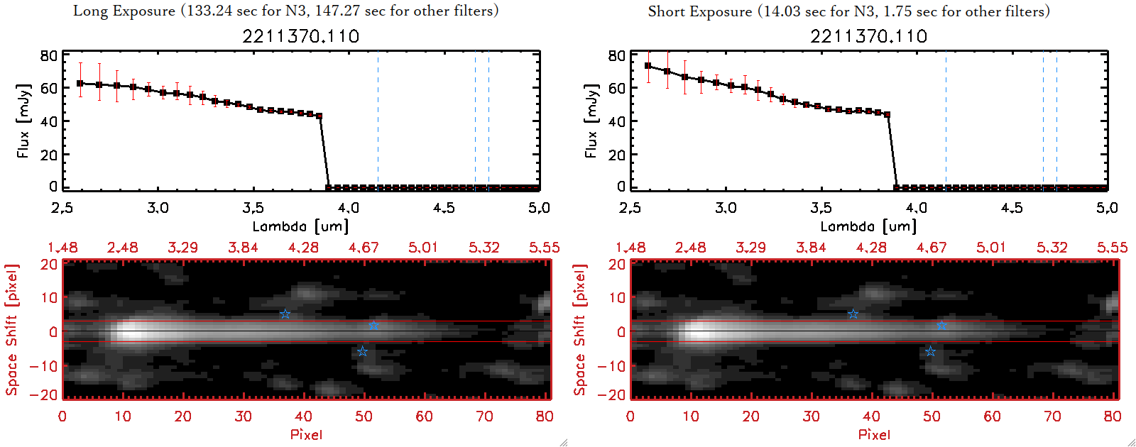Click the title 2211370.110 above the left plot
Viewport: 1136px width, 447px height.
point(300,36)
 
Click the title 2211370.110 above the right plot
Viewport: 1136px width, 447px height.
point(868,36)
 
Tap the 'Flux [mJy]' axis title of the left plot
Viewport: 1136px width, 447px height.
point(23,121)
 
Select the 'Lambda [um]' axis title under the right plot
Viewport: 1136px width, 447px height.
point(868,226)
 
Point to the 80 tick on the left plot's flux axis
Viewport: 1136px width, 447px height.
point(48,55)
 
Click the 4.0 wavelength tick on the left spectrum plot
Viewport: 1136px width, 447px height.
point(348,208)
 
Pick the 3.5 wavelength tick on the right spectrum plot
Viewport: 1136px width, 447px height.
point(821,208)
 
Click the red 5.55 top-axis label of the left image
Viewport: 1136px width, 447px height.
point(544,248)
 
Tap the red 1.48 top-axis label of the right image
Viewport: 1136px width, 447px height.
point(630,248)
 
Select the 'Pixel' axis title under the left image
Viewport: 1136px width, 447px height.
point(306,434)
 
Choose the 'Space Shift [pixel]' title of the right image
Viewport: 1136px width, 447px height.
point(580,330)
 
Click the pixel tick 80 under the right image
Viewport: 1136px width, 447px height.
point(1113,416)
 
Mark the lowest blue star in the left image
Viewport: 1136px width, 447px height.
point(362,352)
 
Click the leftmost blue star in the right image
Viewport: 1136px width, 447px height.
point(853,314)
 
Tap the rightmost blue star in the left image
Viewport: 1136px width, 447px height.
point(373,326)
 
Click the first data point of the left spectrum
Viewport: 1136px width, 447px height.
point(80,83)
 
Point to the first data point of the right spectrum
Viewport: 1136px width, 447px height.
point(648,66)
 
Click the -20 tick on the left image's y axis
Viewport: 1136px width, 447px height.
point(48,395)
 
